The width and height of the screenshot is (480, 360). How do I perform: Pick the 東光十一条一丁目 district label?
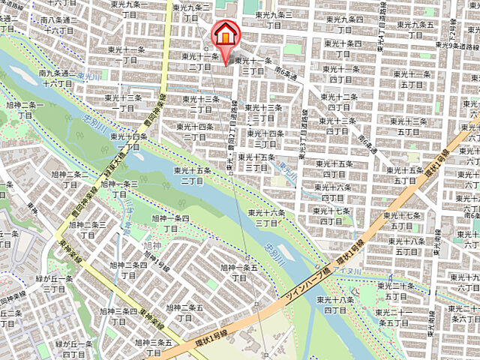124,55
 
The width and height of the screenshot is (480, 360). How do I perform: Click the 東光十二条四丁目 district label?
343,103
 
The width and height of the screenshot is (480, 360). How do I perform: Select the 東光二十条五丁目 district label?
396,292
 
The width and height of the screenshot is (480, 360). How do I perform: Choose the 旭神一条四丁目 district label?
171,223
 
